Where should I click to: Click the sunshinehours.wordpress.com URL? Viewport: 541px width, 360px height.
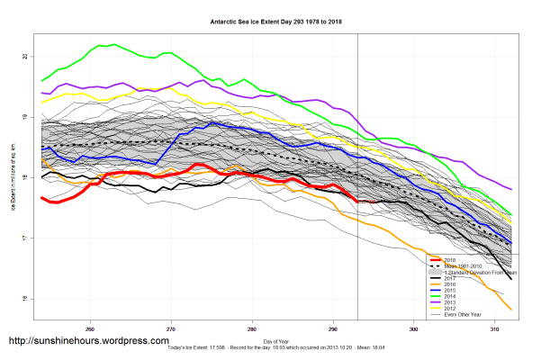tap(88, 342)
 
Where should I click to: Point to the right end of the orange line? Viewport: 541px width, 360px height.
tap(511, 310)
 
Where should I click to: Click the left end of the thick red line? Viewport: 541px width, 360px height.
tap(41, 199)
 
